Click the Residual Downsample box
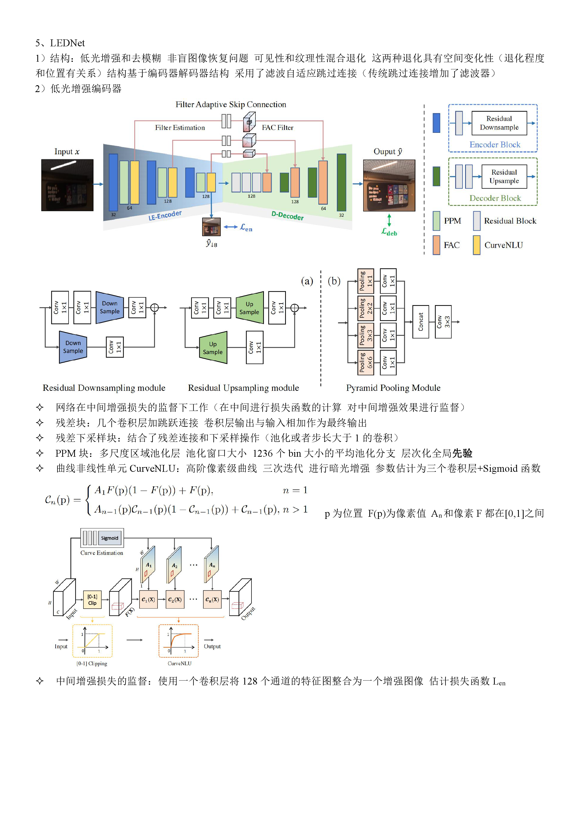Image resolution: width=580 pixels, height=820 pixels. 499,123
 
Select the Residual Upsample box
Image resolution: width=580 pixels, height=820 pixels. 504,176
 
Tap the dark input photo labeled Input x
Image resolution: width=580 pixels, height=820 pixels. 67,185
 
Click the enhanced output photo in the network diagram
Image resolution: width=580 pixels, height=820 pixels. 389,185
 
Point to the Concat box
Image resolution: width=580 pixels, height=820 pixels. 421,322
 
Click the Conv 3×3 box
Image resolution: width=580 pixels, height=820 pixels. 443,322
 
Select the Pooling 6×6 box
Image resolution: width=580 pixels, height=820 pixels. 366,363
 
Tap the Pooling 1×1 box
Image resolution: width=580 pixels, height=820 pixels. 366,281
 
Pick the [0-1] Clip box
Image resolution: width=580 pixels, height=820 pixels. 92,600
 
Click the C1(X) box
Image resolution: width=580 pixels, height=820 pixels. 148,600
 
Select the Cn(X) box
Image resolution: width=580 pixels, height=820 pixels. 212,600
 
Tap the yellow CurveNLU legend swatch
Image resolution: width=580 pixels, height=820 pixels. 476,245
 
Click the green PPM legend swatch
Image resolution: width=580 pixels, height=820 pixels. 436,221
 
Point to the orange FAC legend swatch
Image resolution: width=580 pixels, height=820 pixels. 436,245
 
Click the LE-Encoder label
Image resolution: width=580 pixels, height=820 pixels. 165,215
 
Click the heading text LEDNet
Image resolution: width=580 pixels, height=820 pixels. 67,43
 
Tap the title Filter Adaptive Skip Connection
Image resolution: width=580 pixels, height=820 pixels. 231,104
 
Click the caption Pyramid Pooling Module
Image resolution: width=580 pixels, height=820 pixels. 393,388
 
